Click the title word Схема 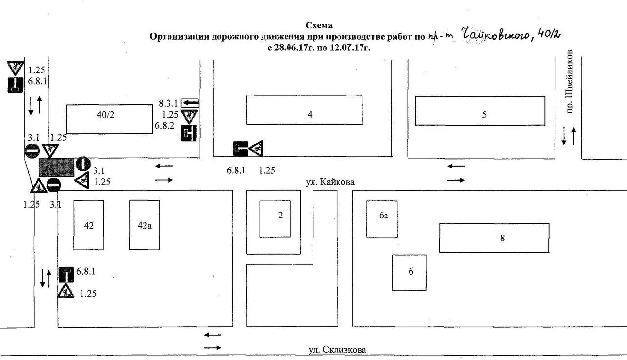pos(319,25)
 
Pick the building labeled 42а pos(144,225)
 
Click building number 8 pos(494,238)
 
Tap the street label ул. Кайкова pos(329,182)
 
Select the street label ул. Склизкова pos(337,350)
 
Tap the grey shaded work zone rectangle pos(56,167)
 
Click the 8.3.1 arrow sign pos(190,103)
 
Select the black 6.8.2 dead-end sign pos(189,133)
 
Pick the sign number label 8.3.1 pos(169,103)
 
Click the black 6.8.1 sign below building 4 pos(240,148)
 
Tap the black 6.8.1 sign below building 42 pos(66,275)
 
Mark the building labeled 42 pos(89,225)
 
